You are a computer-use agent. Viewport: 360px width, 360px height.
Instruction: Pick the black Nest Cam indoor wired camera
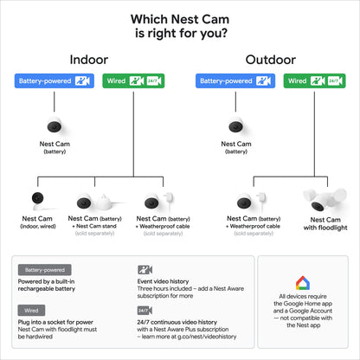click(x=36, y=200)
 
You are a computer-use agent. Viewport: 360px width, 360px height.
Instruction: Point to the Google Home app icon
click(x=302, y=283)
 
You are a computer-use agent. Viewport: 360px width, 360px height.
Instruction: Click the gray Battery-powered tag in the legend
click(x=43, y=270)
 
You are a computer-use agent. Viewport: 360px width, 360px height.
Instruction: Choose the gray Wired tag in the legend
click(x=30, y=309)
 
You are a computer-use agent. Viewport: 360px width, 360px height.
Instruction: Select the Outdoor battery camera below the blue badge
click(x=235, y=125)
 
